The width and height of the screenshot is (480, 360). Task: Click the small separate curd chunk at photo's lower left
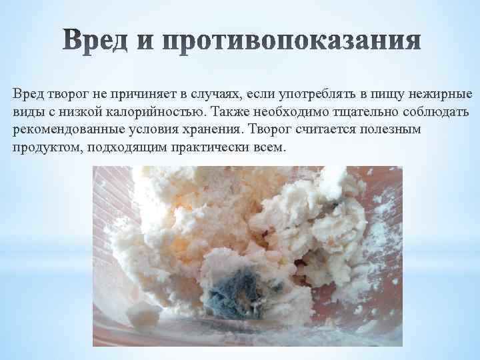(x=143, y=314)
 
